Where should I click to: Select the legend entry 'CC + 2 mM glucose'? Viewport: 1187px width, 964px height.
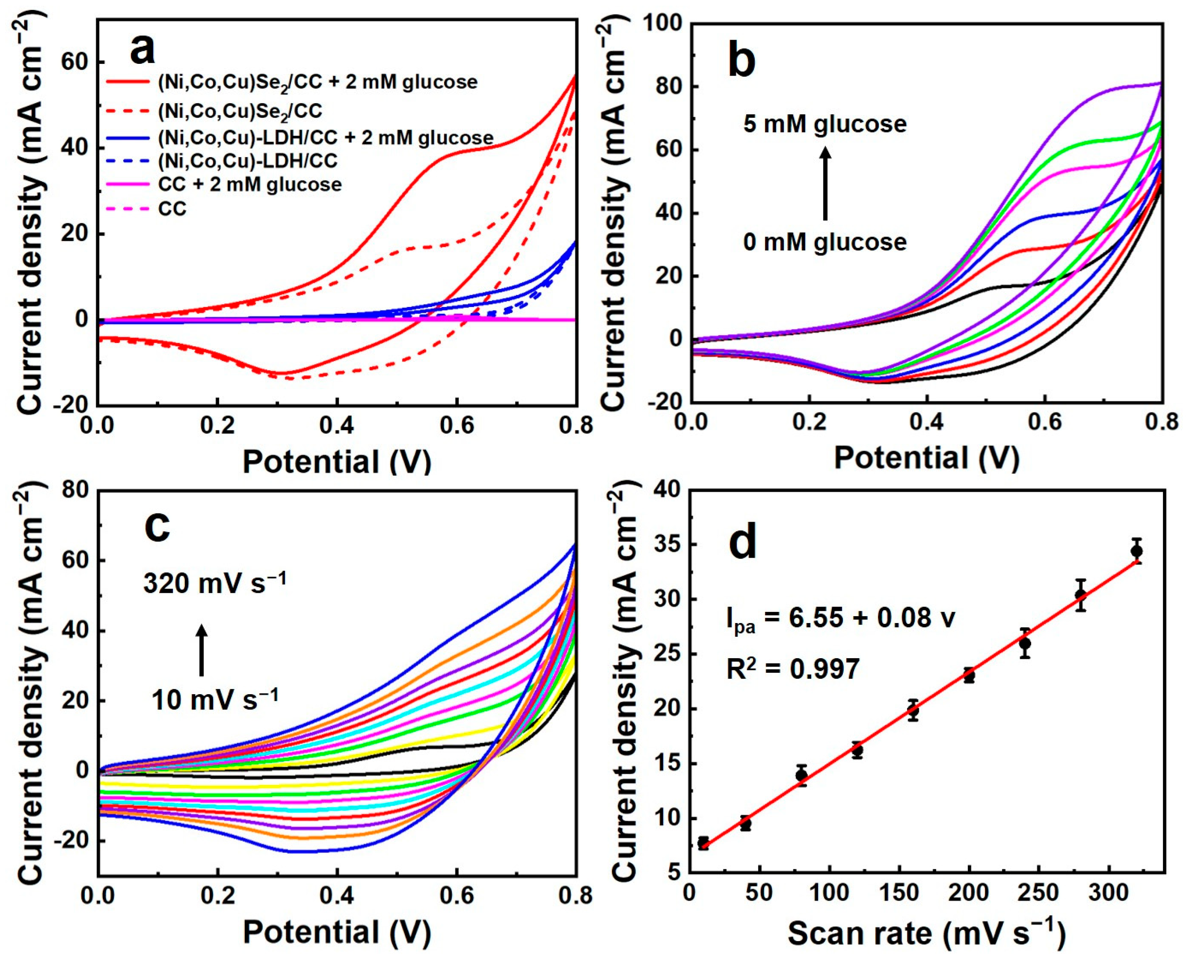coord(249,184)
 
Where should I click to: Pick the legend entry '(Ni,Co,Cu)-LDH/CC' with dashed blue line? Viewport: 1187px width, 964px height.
coord(247,161)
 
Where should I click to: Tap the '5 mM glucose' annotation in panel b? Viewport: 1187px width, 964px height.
coord(825,123)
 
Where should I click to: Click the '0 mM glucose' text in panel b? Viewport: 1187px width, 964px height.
coord(825,242)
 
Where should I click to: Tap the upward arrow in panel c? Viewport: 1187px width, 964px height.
coord(202,650)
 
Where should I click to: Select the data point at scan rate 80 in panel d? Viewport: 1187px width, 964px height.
coord(801,775)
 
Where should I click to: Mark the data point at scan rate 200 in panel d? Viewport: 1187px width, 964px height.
coord(969,676)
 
